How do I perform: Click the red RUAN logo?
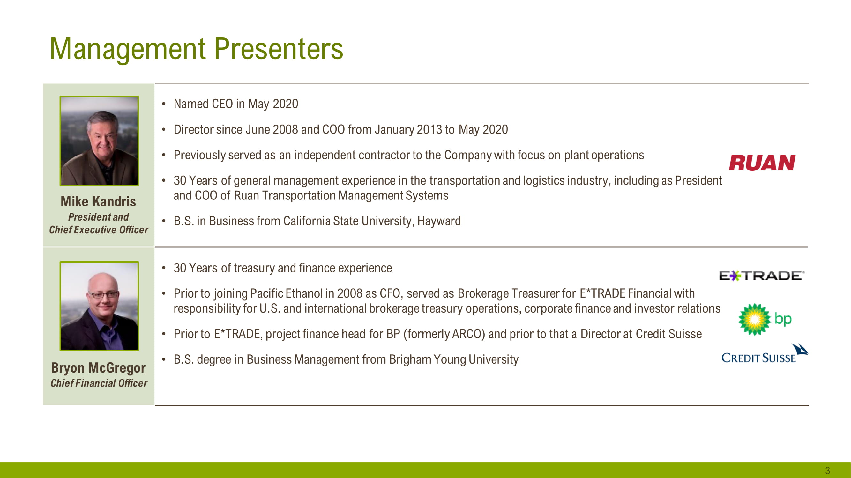click(762, 163)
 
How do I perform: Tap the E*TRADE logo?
click(761, 275)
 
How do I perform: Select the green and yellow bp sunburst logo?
click(765, 319)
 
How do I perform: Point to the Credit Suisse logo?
click(765, 353)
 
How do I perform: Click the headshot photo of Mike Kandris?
click(99, 141)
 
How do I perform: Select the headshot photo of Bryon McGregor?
click(99, 306)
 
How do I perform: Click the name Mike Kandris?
click(98, 202)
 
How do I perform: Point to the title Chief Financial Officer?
click(99, 383)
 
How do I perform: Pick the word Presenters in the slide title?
click(279, 49)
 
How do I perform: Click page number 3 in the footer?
click(827, 470)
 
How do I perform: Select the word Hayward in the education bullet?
click(439, 221)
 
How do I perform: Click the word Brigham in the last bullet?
click(410, 359)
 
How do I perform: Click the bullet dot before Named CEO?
click(163, 104)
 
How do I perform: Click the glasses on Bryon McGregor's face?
click(103, 294)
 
